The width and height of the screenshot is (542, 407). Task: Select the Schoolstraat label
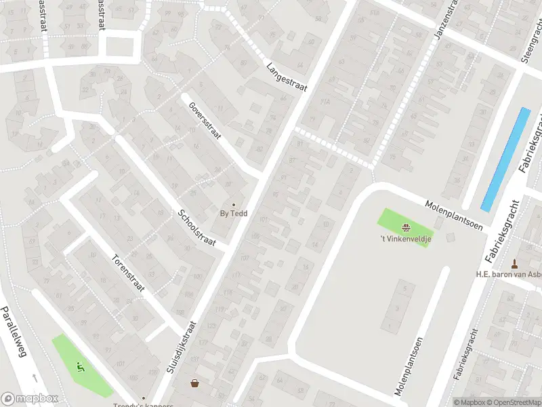(196, 229)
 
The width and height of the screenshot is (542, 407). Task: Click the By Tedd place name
(234, 214)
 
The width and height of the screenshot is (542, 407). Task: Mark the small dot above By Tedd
(234, 204)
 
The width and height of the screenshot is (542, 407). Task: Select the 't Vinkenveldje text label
(405, 238)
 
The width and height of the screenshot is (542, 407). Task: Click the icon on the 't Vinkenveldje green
(405, 227)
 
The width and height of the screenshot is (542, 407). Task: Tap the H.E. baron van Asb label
(508, 275)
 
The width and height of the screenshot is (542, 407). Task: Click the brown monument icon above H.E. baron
(514, 263)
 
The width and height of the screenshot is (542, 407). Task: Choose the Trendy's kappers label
(143, 406)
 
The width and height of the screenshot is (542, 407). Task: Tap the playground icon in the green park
(81, 368)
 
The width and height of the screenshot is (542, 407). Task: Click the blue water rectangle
(505, 159)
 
